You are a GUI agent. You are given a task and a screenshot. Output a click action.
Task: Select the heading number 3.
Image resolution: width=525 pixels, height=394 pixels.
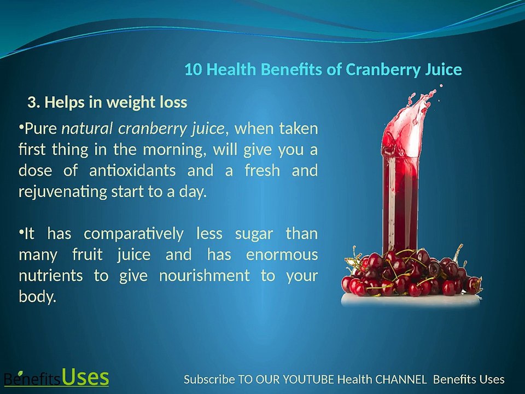click(33, 102)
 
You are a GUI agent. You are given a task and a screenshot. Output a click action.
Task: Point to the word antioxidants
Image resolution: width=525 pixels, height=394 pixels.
click(132, 170)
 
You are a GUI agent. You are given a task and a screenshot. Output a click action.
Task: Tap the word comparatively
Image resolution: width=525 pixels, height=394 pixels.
click(134, 234)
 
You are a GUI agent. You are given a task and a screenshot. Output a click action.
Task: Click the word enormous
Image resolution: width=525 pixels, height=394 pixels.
click(282, 255)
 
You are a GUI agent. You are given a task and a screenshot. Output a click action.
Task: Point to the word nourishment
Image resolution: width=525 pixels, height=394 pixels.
click(206, 276)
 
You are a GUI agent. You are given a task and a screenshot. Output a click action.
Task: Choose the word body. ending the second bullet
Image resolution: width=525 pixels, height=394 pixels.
click(37, 297)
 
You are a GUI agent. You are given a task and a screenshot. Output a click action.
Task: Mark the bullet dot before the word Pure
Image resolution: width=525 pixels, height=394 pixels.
click(21, 128)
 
